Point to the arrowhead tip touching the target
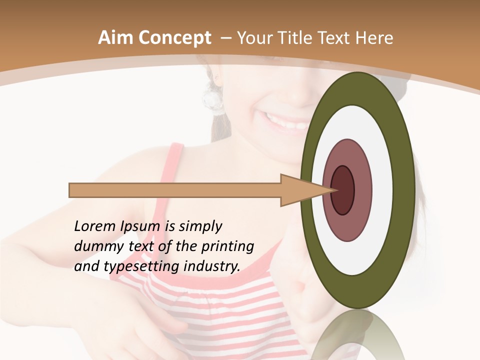coord(334,190)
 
